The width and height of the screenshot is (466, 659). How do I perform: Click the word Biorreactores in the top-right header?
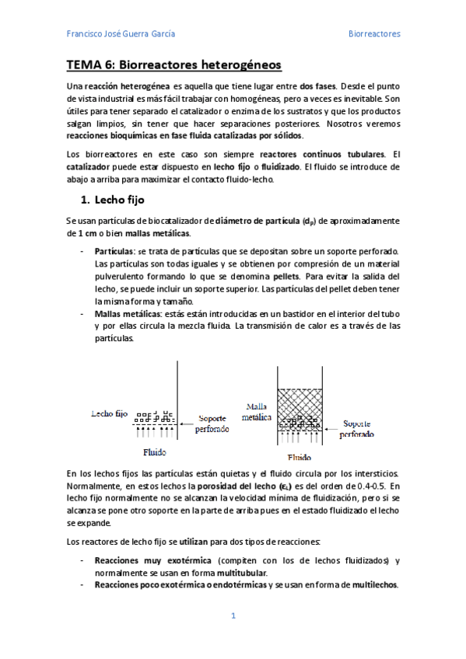point(373,34)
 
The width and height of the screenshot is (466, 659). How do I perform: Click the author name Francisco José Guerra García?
point(121,34)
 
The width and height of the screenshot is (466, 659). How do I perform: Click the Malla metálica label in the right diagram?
point(258,412)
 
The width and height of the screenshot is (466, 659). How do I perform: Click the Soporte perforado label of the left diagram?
point(212,422)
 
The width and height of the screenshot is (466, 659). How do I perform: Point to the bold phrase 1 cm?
point(80,234)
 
